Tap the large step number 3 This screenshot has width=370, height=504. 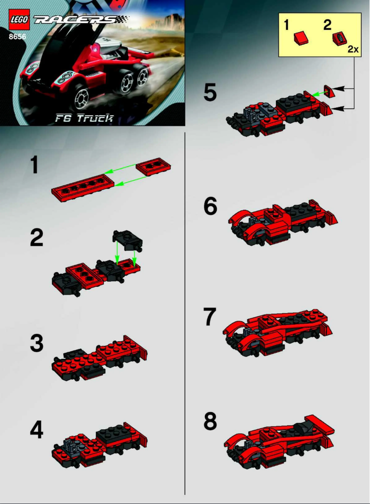pos(36,344)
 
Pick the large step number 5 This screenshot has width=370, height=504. pos(210,92)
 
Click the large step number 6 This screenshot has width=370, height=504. pos(210,207)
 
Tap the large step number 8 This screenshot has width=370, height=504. pos(210,421)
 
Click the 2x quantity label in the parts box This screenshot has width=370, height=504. pos(353,49)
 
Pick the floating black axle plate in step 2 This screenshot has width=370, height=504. pos(127,240)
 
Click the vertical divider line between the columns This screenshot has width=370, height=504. pos(185,314)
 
